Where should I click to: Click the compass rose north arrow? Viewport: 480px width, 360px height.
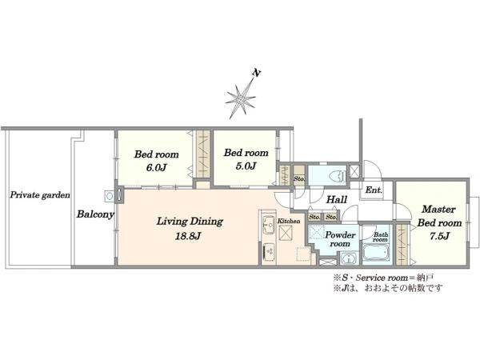click(x=241, y=98)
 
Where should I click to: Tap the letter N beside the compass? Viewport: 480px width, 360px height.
click(x=256, y=73)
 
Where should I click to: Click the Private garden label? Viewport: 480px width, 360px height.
click(x=40, y=195)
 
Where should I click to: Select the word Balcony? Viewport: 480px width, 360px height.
click(x=95, y=214)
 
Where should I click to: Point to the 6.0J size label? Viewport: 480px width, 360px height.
click(x=156, y=168)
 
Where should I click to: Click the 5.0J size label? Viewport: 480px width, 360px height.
click(x=246, y=166)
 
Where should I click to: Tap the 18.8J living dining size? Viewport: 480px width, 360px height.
click(x=188, y=236)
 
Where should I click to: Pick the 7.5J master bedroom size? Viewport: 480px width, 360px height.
click(x=439, y=236)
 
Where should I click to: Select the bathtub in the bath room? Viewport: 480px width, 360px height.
click(x=376, y=253)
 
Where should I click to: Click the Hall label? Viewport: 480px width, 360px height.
click(x=337, y=200)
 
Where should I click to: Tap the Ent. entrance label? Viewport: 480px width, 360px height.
click(x=374, y=190)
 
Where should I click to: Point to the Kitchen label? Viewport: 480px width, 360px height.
click(x=289, y=221)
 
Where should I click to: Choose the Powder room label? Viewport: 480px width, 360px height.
click(x=340, y=239)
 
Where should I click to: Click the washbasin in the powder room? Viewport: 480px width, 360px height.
click(x=349, y=258)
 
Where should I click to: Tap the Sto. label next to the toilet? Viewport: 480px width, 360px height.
click(x=298, y=178)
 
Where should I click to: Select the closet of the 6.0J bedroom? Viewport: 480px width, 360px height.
click(x=202, y=154)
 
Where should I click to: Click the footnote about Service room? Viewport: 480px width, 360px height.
click(x=384, y=278)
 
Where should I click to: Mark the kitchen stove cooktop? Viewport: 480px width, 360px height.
click(x=269, y=252)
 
